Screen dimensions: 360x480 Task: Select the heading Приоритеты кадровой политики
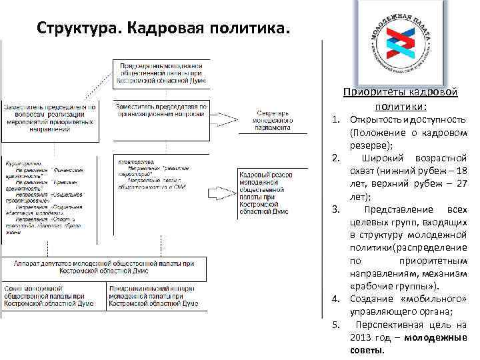click(401, 99)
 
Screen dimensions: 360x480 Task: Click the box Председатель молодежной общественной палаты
click(161, 73)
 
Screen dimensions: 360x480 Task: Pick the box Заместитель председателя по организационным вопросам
click(161, 109)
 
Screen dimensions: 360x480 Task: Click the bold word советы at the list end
click(366, 350)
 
